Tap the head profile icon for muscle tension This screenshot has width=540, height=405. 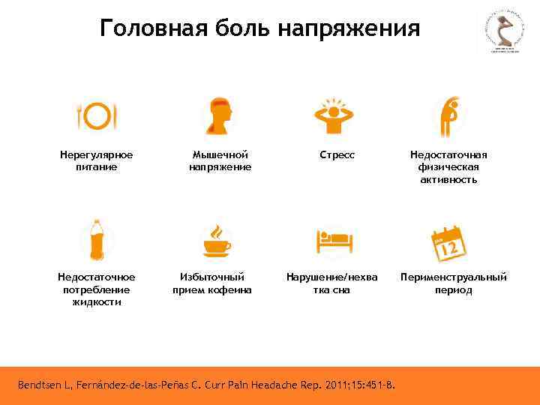[219, 116]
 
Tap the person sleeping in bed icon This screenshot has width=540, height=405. [334, 241]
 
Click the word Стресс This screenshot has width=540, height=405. [337, 155]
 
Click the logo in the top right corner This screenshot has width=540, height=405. [502, 32]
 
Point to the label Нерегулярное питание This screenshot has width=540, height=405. [97, 160]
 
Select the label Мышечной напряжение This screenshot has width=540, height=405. [220, 160]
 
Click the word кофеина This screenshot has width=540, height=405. [230, 289]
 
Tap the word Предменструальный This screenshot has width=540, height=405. [454, 277]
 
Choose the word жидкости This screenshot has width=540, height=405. [97, 302]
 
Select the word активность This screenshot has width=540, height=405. [448, 180]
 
